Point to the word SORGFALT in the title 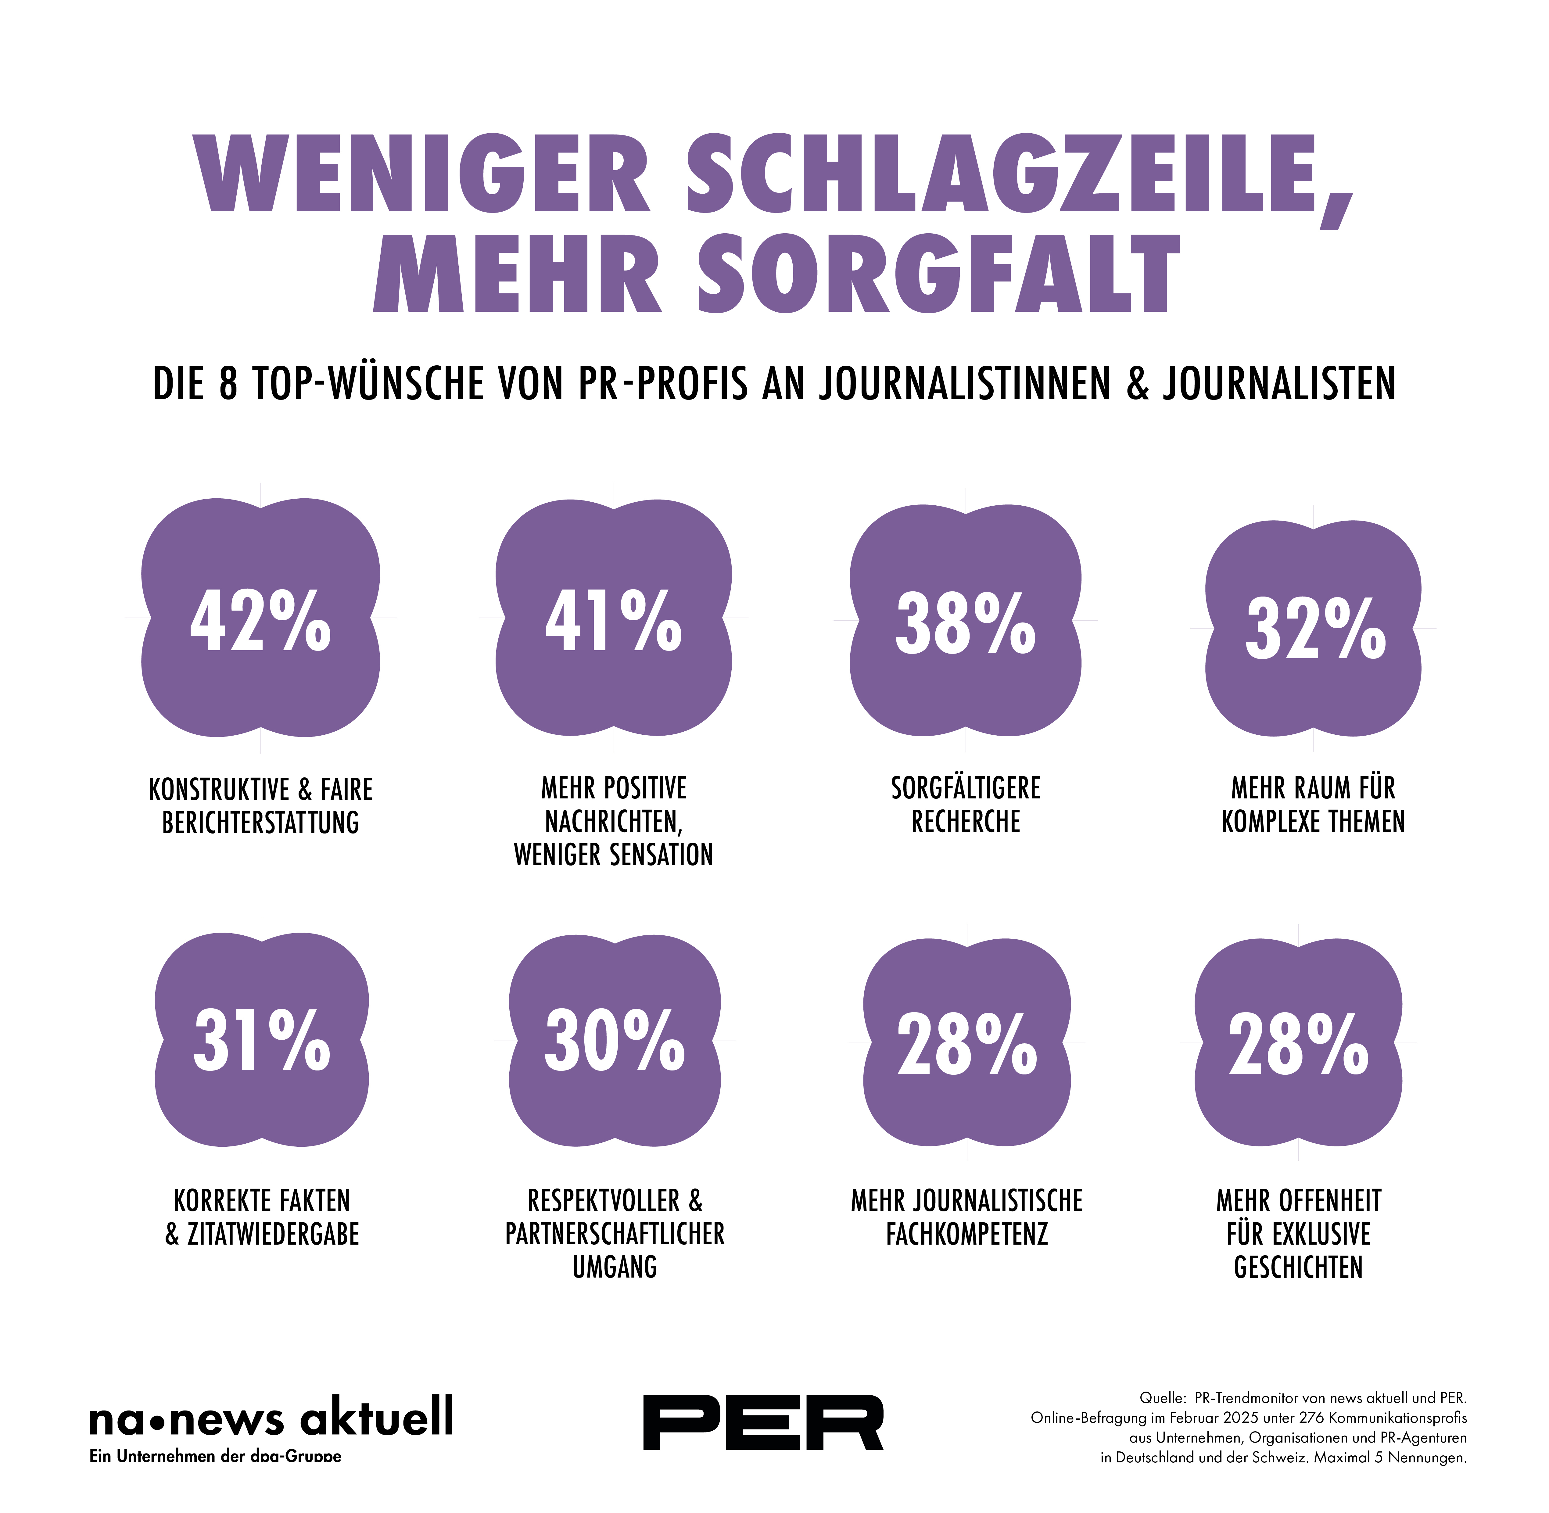[x=938, y=274]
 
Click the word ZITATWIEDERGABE [x=273, y=1234]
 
